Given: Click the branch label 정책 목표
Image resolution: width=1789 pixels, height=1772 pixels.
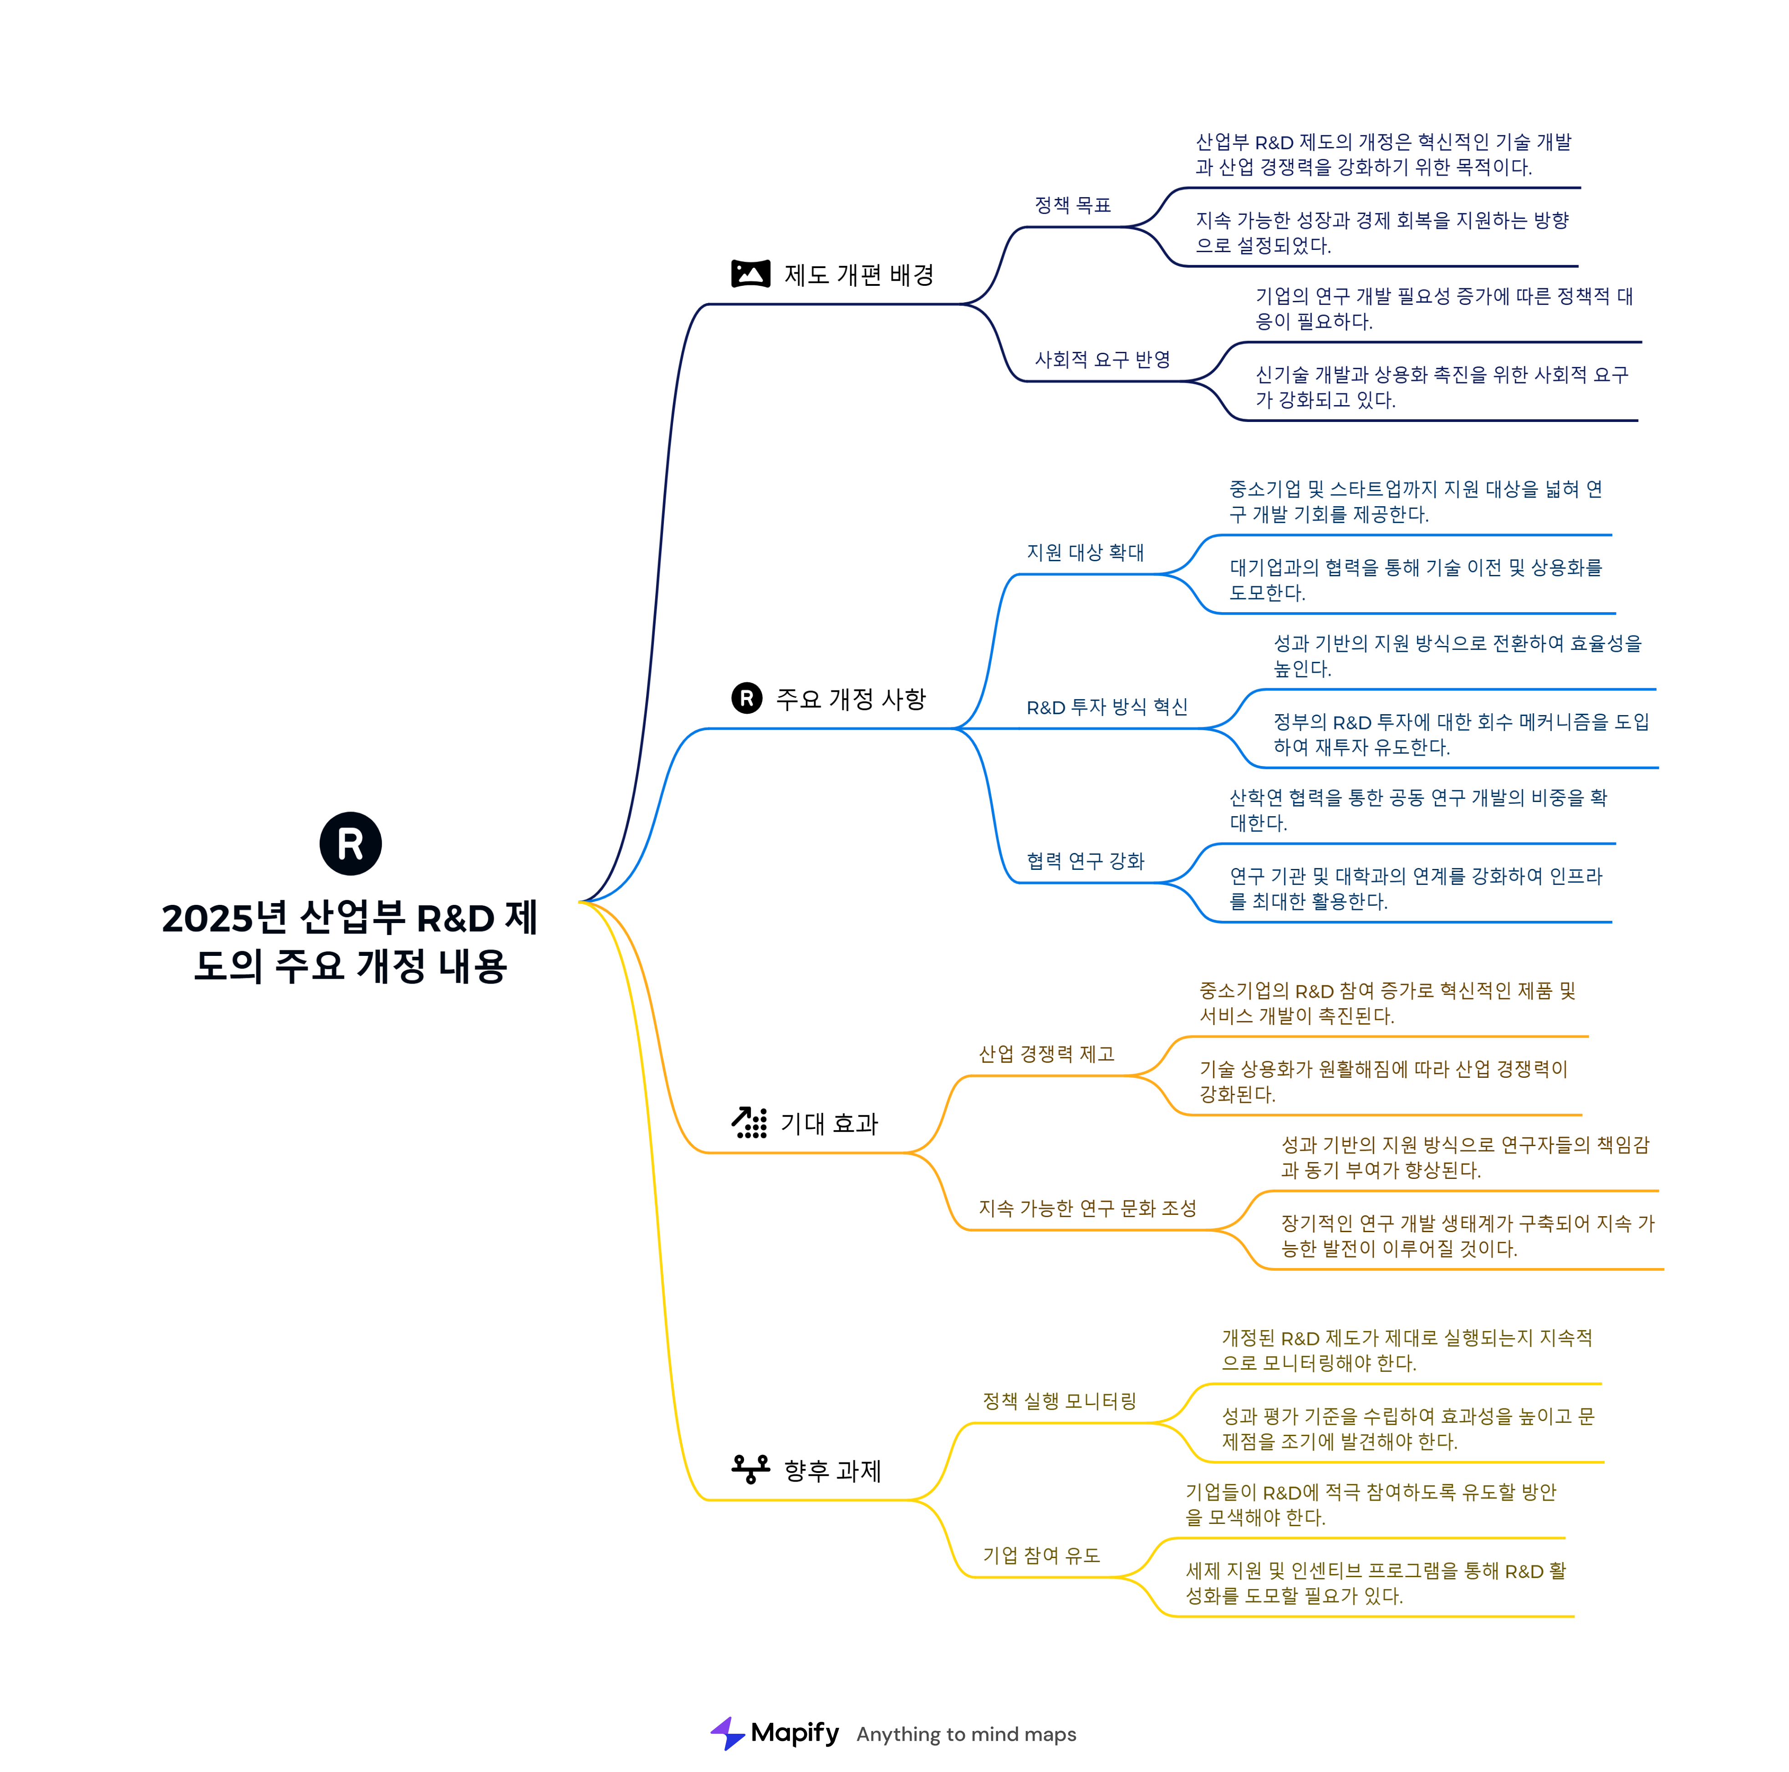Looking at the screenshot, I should click(1072, 206).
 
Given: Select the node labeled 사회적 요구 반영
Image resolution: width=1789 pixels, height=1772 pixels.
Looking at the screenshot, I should click(1102, 360).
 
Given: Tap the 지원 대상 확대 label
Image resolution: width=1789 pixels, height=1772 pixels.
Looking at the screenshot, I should click(1085, 553).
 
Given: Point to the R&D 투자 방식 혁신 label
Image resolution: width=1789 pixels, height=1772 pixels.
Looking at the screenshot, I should click(1106, 707).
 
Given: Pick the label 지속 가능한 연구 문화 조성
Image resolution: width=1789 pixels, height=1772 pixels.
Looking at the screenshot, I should click(1087, 1208).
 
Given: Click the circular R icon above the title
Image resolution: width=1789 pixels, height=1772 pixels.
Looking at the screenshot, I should click(350, 843).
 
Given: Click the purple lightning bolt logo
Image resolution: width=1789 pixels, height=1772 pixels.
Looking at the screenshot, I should click(728, 1733).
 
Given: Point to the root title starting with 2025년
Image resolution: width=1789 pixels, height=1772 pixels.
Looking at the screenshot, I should click(350, 942).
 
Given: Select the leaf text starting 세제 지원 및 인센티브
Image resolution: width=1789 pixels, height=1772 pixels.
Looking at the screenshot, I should click(1375, 1583).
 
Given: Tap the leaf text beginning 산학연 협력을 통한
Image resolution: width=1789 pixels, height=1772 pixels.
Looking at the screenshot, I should click(1418, 810).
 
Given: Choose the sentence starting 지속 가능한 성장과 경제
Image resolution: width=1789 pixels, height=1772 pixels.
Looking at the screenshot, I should click(1381, 233).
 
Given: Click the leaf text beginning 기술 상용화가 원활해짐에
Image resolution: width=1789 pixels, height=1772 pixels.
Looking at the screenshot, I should click(1383, 1081).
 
